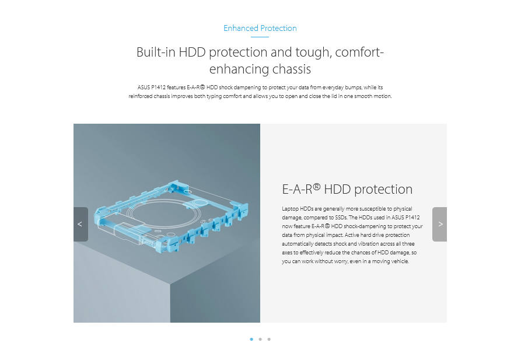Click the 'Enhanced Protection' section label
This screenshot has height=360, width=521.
point(260,28)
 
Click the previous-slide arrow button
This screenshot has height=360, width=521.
point(81,225)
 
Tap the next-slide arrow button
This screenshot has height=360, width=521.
point(439,225)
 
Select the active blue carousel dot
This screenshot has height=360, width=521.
point(251,340)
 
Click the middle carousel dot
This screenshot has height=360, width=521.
point(260,340)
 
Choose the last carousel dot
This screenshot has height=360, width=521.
point(269,340)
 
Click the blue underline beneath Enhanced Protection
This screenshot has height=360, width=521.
point(260,37)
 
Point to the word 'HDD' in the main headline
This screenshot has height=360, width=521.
point(192,52)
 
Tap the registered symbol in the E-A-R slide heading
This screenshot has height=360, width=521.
point(317,187)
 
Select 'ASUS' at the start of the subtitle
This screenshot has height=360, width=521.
point(144,88)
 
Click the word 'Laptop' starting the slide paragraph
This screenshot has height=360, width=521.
point(290,209)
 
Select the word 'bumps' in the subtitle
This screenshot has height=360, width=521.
point(354,88)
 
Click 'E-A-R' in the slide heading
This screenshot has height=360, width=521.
point(297,190)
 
